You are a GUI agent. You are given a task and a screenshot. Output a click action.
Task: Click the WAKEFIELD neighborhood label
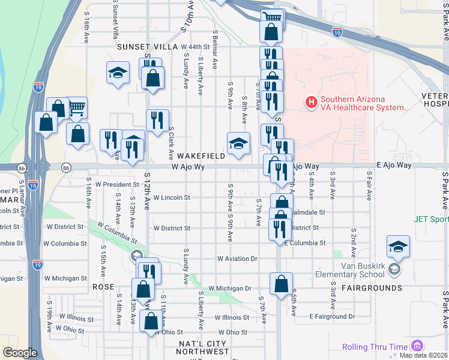tap(201, 156)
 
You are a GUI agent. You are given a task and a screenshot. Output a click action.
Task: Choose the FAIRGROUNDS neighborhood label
tap(372, 288)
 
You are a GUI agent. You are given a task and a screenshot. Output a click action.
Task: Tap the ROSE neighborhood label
tap(99, 287)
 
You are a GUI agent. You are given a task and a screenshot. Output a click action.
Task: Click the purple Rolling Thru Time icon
tap(417, 346)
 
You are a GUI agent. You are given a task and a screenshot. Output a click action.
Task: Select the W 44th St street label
tap(194, 46)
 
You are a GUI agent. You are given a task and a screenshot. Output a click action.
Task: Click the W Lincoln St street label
tap(172, 197)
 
